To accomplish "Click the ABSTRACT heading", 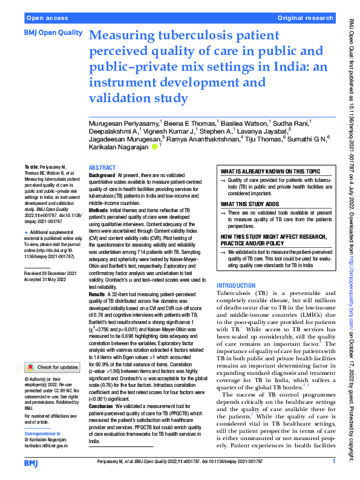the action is (x=102, y=167).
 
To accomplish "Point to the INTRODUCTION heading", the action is (x=240, y=285).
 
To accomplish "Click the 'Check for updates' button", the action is (x=52, y=367).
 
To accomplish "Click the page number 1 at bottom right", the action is (x=334, y=462).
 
